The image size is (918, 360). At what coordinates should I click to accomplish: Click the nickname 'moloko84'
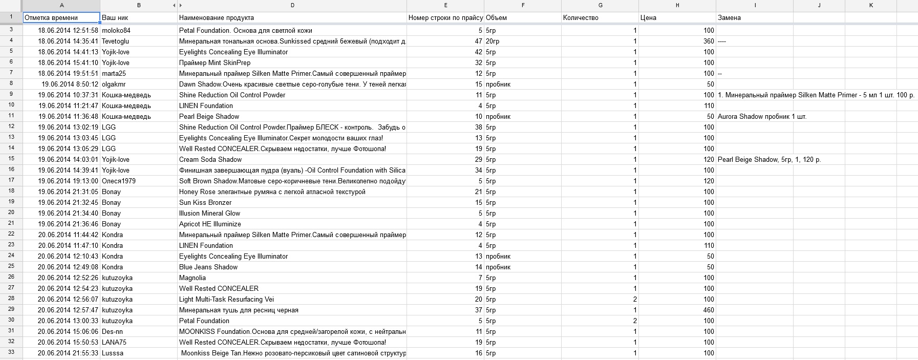tap(116, 31)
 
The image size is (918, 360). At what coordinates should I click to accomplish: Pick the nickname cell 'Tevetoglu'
tap(115, 41)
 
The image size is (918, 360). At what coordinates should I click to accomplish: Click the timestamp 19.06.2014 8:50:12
tap(70, 84)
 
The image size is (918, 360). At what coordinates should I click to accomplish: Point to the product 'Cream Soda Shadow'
tap(210, 160)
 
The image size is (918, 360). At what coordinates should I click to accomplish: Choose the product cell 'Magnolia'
tap(193, 278)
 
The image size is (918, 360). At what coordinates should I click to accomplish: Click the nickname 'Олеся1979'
tap(119, 181)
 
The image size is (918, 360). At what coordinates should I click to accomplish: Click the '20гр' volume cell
tap(493, 41)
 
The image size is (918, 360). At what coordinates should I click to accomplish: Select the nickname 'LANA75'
tap(114, 343)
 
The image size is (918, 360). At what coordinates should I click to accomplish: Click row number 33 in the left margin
tap(11, 352)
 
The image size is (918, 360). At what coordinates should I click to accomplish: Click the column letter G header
tap(600, 5)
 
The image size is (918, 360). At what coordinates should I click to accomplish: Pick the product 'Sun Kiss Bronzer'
tap(205, 203)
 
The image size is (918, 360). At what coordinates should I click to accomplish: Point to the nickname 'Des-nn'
tap(112, 332)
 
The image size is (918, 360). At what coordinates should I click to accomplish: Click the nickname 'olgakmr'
tap(114, 84)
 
